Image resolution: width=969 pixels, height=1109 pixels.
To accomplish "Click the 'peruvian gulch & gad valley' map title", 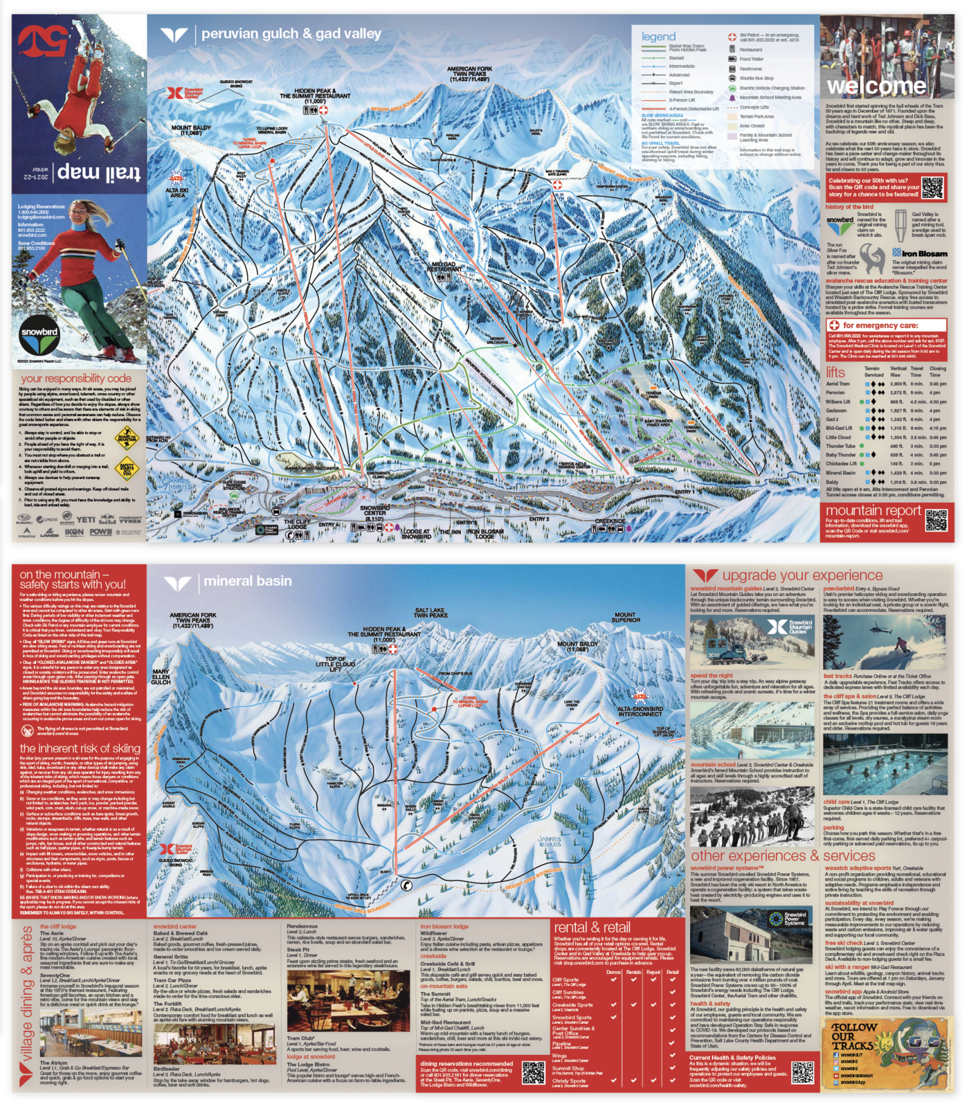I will pos(291,34).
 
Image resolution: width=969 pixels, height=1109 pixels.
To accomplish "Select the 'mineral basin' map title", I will pos(247,581).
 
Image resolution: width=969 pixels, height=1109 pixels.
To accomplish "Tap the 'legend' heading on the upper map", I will pos(658,37).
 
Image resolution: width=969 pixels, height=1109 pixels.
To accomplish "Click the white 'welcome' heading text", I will pos(876,87).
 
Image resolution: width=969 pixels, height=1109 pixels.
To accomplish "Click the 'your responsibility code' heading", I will pos(76,379).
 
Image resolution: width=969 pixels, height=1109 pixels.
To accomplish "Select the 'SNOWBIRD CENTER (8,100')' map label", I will pos(374,513).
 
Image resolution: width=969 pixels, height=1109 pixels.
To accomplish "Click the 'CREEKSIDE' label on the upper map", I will pos(610,521).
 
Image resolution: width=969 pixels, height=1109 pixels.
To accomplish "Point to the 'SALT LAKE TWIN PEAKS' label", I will pos(431,613).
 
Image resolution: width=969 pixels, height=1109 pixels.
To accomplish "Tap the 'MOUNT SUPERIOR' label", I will pos(625,617).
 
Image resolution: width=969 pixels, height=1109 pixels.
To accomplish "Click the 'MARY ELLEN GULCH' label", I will pos(161,676).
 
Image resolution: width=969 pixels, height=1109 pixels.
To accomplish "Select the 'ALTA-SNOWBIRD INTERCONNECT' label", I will pos(640,712).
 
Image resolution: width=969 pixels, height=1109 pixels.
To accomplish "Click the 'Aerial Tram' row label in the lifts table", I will pos(837,384).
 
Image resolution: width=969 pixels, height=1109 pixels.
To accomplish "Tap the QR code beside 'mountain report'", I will pos(936,521).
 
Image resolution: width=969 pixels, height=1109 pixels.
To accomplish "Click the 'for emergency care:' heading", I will pos(880,325).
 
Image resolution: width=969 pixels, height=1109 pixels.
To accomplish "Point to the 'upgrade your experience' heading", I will pos(802,575).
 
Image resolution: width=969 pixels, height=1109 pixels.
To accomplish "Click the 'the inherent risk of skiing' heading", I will pos(80,748).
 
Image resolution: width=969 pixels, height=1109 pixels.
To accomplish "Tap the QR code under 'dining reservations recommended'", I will pos(533,1072).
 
